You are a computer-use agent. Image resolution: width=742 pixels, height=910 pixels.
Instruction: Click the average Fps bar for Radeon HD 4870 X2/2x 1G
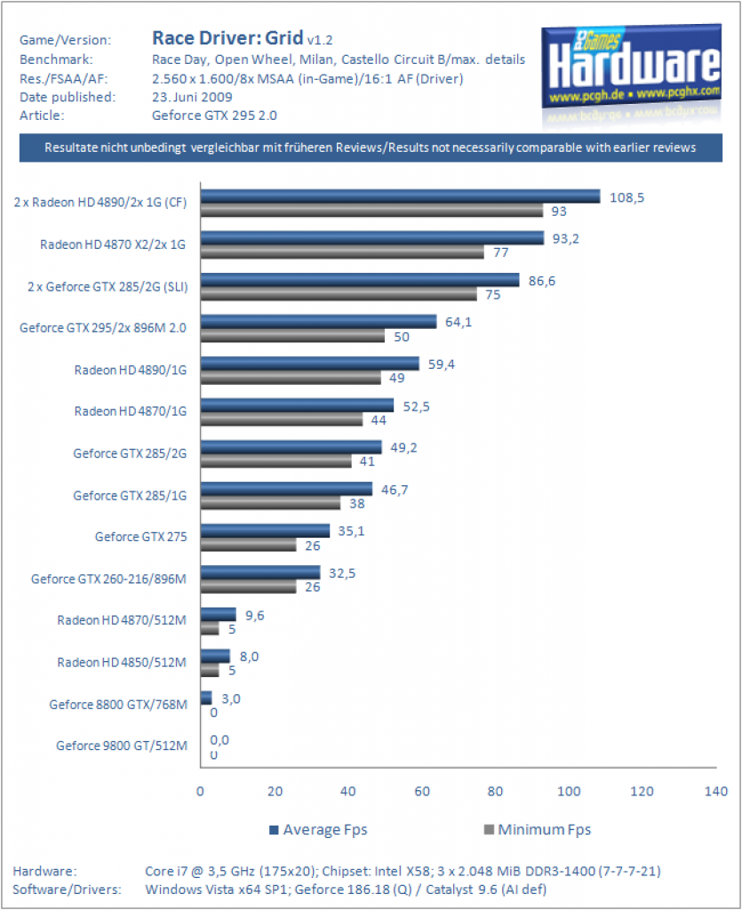coord(372,238)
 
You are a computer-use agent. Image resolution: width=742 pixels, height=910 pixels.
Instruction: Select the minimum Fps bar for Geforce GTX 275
coord(248,545)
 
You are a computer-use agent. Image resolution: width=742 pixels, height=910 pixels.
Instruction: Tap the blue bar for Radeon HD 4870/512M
coord(218,614)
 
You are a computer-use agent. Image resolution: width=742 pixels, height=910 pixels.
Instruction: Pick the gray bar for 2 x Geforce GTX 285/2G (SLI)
coord(339,294)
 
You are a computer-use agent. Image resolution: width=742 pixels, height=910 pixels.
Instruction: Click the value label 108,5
coord(626,198)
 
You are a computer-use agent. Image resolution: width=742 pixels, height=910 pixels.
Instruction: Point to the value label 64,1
coord(459,322)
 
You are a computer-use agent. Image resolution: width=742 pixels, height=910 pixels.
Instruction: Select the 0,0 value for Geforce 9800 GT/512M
coord(219,740)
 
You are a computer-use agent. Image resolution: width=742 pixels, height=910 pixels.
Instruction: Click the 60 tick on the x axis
coord(422,791)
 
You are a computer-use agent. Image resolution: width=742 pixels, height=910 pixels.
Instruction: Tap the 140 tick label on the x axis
coord(716,791)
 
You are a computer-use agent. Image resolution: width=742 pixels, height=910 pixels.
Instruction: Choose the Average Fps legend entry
coord(318,830)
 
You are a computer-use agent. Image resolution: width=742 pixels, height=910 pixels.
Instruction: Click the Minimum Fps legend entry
coord(538,830)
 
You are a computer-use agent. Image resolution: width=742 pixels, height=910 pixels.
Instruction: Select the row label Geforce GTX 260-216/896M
coord(109,579)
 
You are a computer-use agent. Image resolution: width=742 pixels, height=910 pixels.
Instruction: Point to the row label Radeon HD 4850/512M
coord(122,662)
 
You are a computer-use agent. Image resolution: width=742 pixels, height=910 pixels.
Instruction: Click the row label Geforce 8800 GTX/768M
coord(118,705)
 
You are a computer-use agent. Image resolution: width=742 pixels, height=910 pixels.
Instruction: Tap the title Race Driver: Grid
coord(227,37)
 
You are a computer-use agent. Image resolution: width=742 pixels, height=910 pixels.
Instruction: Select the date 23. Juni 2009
coord(192,97)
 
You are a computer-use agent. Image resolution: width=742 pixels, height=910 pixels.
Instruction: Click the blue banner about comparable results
coord(371,148)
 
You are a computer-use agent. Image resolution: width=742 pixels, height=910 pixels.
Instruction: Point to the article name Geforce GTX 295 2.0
coord(215,116)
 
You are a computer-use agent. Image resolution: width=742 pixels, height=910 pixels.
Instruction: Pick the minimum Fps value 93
coord(559,212)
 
